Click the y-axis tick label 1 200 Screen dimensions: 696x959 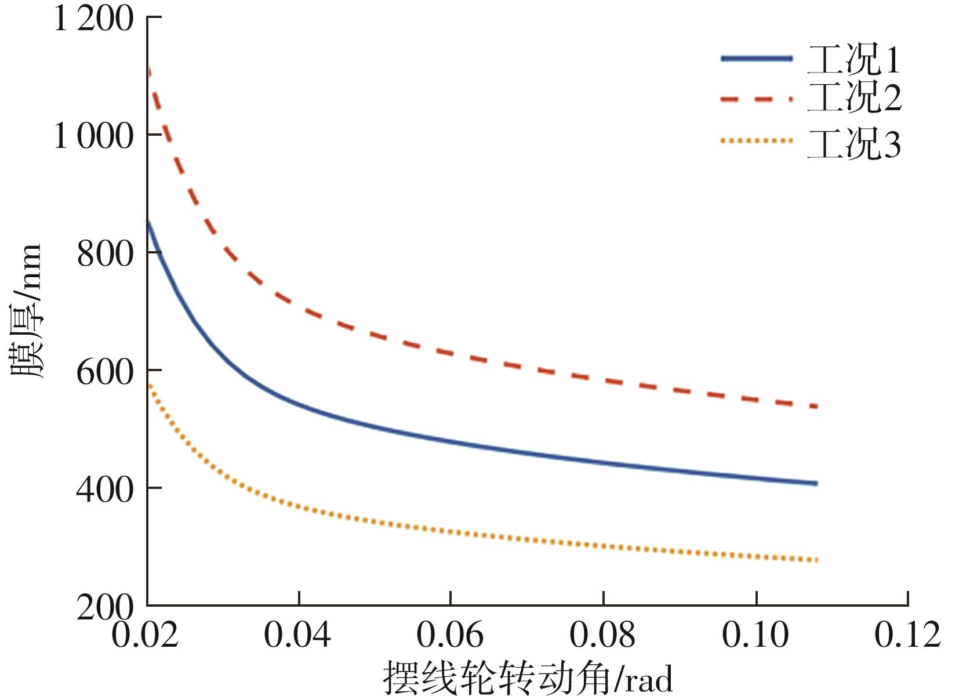93,19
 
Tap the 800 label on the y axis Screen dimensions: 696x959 105,254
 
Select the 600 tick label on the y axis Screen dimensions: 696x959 105,372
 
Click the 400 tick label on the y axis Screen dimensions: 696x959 105,490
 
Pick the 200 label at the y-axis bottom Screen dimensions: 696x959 105,607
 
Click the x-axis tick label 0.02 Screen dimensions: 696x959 145,635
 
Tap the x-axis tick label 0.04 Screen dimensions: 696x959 297,635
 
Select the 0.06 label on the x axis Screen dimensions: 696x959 450,635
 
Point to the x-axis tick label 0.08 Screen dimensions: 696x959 603,635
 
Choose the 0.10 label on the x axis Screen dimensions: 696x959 755,635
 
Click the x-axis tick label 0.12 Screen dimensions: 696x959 908,635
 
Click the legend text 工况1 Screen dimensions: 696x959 854,60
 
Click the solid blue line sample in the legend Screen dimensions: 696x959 756,58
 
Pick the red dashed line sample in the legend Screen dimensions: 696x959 756,100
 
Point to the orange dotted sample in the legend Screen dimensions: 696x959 756,141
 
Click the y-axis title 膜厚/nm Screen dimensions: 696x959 27,311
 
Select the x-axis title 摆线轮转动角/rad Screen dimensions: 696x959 528,677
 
